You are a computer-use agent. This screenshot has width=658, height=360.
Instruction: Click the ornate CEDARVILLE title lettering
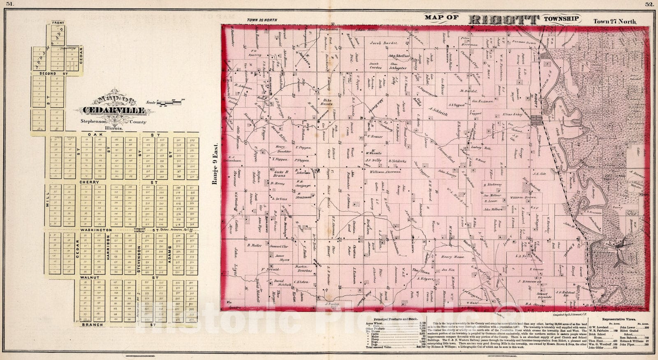pyautogui.click(x=114, y=110)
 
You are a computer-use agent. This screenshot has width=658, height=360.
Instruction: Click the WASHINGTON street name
pyautogui.click(x=96, y=230)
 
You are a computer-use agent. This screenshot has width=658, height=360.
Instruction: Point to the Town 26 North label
pyautogui.click(x=262, y=20)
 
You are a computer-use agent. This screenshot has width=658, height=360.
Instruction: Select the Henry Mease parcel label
pyautogui.click(x=452, y=257)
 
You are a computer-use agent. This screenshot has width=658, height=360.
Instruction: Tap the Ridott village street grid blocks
pyautogui.click(x=536, y=120)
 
